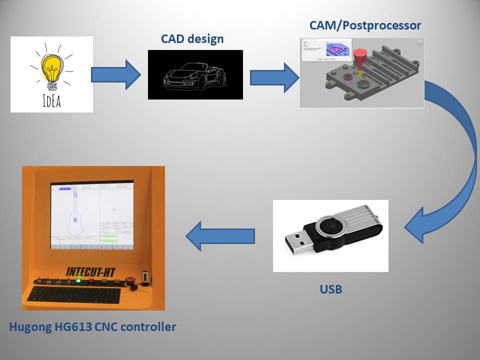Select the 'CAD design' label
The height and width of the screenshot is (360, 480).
click(192, 39)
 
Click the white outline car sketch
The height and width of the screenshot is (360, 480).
click(195, 74)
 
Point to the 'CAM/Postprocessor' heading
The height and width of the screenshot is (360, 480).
click(365, 25)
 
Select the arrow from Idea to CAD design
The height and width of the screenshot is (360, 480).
click(116, 75)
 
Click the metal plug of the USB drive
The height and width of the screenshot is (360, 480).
click(299, 242)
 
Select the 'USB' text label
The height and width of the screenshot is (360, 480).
click(331, 288)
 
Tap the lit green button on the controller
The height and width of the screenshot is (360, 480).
click(78, 280)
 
